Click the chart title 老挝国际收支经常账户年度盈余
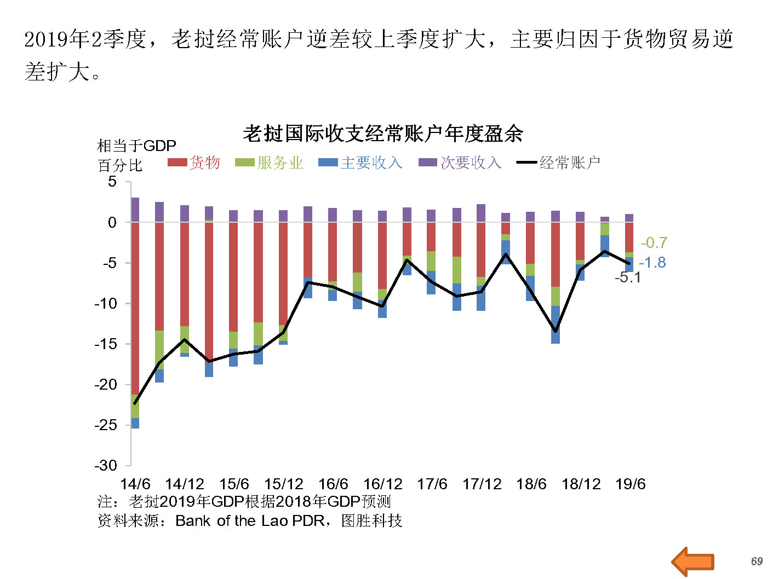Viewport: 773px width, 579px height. pyautogui.click(x=383, y=134)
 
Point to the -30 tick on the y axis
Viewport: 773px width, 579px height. pyautogui.click(x=106, y=466)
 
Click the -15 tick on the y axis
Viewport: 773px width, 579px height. pyautogui.click(x=106, y=344)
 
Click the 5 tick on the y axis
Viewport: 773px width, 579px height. pyautogui.click(x=112, y=182)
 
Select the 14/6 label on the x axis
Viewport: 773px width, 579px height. pyautogui.click(x=135, y=484)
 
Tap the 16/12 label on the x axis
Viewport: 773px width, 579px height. pyautogui.click(x=382, y=484)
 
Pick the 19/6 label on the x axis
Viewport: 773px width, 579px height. pyautogui.click(x=630, y=484)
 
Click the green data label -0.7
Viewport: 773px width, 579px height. pyautogui.click(x=654, y=242)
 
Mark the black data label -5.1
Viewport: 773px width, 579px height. pyautogui.click(x=627, y=277)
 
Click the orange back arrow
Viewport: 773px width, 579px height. pyautogui.click(x=693, y=561)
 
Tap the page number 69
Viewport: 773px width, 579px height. pyautogui.click(x=757, y=561)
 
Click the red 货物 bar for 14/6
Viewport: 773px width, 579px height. pyautogui.click(x=135, y=306)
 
